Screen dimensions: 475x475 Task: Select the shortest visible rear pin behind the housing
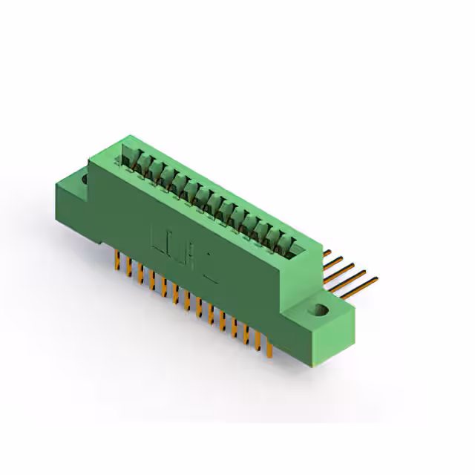tap(328, 253)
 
